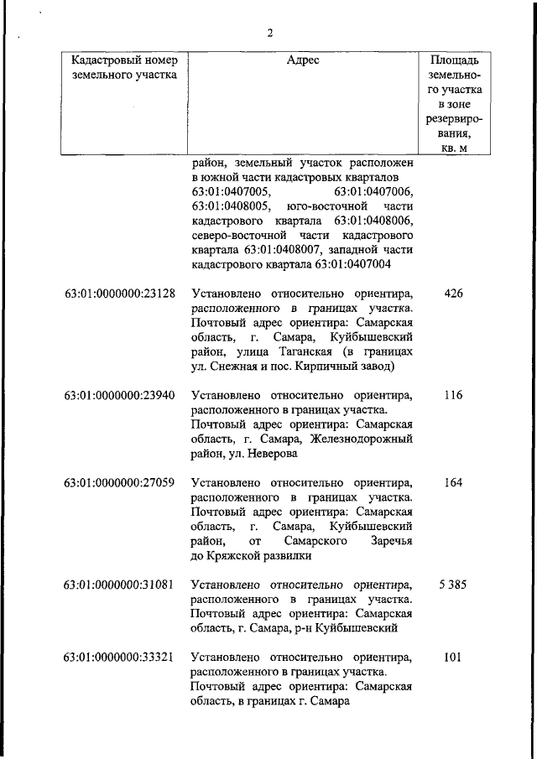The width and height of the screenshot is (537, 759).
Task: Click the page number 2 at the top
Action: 270,34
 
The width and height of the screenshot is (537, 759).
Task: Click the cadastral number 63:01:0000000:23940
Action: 119,395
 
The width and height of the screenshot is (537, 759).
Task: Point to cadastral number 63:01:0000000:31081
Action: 119,584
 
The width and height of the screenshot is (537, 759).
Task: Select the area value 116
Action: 453,395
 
